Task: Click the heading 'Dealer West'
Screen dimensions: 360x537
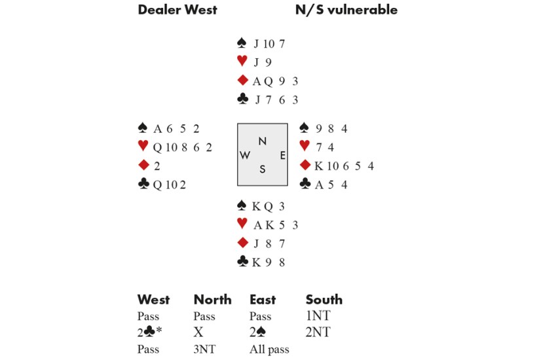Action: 177,10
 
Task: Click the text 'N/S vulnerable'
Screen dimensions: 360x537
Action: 346,10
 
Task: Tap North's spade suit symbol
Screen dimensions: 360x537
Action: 242,44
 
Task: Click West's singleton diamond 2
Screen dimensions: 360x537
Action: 157,166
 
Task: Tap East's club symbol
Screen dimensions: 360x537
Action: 305,184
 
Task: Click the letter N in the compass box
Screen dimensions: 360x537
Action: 262,141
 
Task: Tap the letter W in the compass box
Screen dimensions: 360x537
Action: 245,156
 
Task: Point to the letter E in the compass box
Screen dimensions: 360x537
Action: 282,156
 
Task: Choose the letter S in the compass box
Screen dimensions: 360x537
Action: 262,170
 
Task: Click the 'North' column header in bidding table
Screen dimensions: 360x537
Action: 212,300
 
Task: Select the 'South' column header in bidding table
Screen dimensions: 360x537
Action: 324,300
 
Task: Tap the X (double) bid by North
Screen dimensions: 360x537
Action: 198,333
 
